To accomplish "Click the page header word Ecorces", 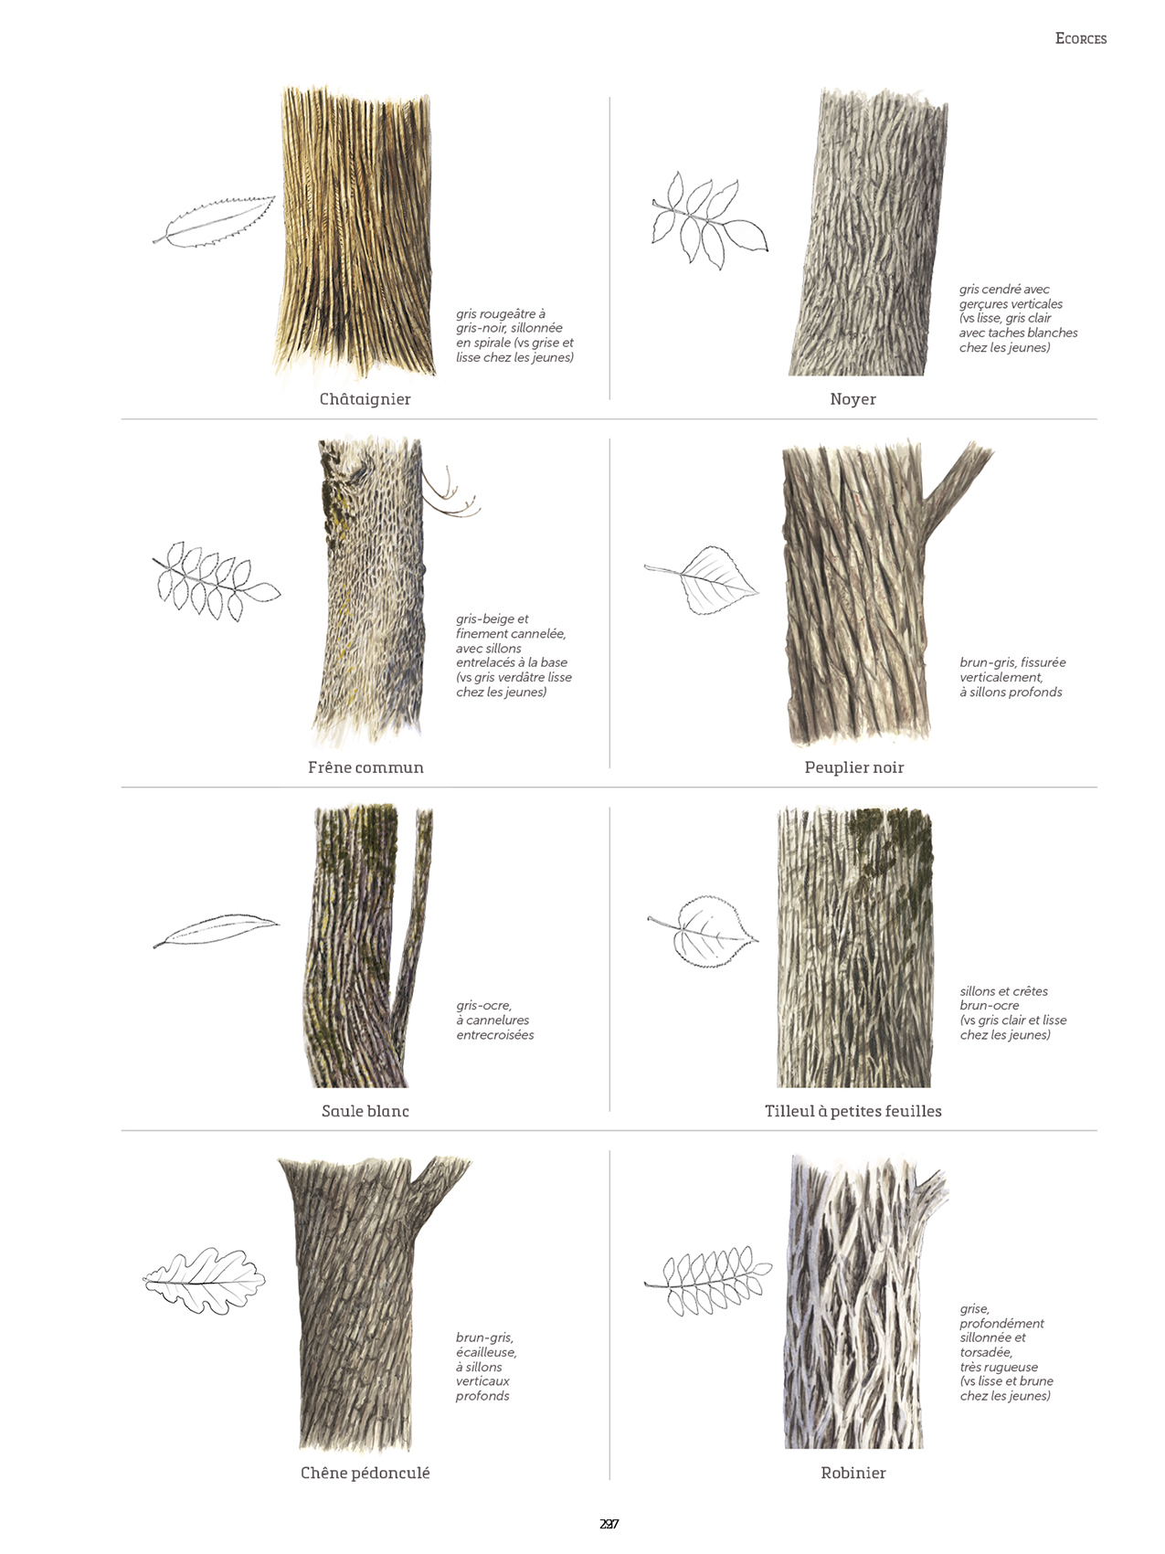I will click(x=1080, y=38).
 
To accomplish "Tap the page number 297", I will click(x=609, y=1524).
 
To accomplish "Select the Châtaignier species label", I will click(x=365, y=399).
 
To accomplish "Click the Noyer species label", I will click(x=853, y=399).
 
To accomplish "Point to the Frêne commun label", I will click(x=365, y=767).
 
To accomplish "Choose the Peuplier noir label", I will click(x=853, y=767).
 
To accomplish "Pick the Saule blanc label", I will click(x=365, y=1111).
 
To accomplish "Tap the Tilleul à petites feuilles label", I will click(x=853, y=1111).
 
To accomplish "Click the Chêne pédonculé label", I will click(x=365, y=1473).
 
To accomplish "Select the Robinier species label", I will click(x=853, y=1473).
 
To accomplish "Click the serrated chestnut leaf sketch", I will click(x=216, y=222).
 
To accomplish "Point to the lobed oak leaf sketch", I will click(x=205, y=1281).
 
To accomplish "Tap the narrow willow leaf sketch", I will click(x=217, y=930).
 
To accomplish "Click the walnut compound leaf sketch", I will click(x=707, y=219).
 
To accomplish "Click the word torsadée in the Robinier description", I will click(x=985, y=1352).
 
